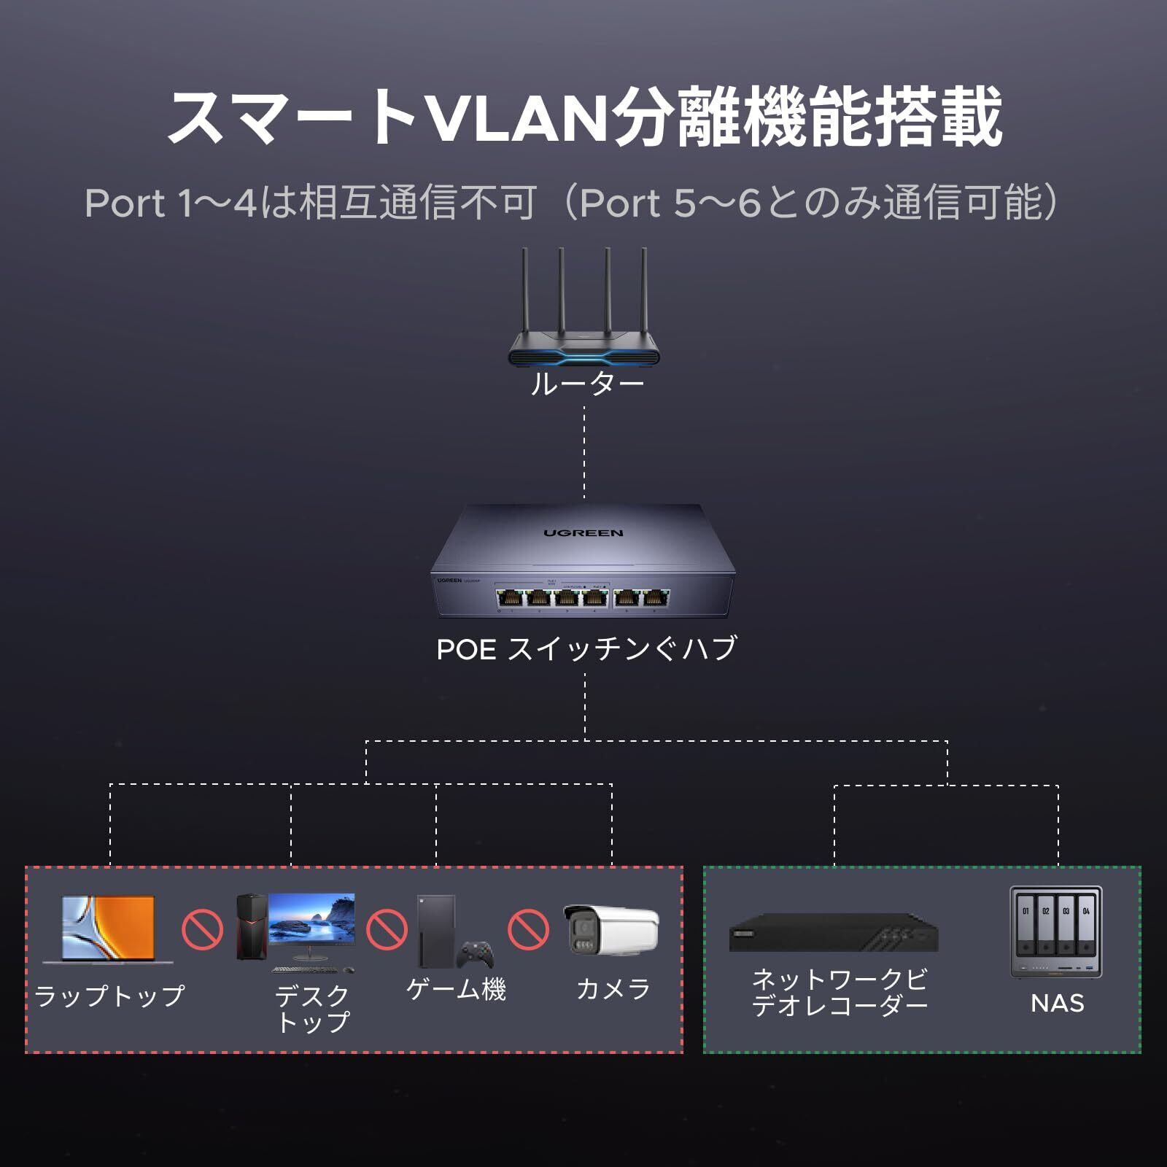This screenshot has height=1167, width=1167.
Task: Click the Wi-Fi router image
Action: pyautogui.click(x=584, y=321)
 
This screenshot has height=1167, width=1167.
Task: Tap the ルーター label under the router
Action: pyautogui.click(x=586, y=384)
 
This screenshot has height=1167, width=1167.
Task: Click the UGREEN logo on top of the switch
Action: pyautogui.click(x=583, y=533)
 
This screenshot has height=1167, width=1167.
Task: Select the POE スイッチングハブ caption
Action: pyautogui.click(x=586, y=648)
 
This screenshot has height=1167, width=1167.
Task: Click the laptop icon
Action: pyautogui.click(x=108, y=928)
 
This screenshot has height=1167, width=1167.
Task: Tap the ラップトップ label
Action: pyautogui.click(x=109, y=996)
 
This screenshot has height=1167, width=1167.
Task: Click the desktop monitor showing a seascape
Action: pyautogui.click(x=311, y=920)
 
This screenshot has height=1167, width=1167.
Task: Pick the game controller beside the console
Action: pyautogui.click(x=476, y=954)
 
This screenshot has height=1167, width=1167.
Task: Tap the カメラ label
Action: pyautogui.click(x=613, y=989)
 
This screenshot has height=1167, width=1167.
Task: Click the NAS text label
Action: pyautogui.click(x=1057, y=1004)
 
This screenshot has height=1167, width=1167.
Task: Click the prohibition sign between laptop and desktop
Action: pyautogui.click(x=202, y=929)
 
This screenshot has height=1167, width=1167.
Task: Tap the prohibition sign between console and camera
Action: pyautogui.click(x=528, y=929)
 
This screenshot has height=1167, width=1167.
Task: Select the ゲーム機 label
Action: pyautogui.click(x=456, y=989)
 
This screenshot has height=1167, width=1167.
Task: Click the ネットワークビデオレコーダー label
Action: pyautogui.click(x=839, y=992)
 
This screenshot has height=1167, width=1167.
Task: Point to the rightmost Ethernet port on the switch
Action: pyautogui.click(x=654, y=599)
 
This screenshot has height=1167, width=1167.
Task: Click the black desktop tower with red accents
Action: pyautogui.click(x=249, y=926)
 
